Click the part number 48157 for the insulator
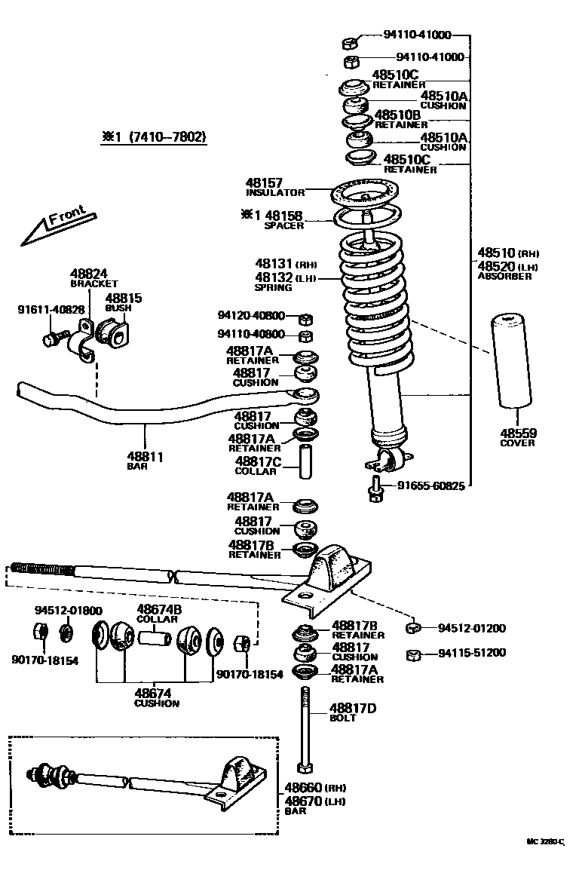pos(264,182)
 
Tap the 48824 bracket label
pos(89,274)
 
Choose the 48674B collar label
pos(159,609)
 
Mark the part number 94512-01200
pos(472,628)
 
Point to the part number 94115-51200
pos(472,653)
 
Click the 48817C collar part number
pos(259,461)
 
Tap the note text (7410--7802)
pos(167,137)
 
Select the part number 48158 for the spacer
pos(283,216)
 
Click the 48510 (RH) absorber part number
pos(495,253)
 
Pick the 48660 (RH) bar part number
pos(303,786)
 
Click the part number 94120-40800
pos(252,316)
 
